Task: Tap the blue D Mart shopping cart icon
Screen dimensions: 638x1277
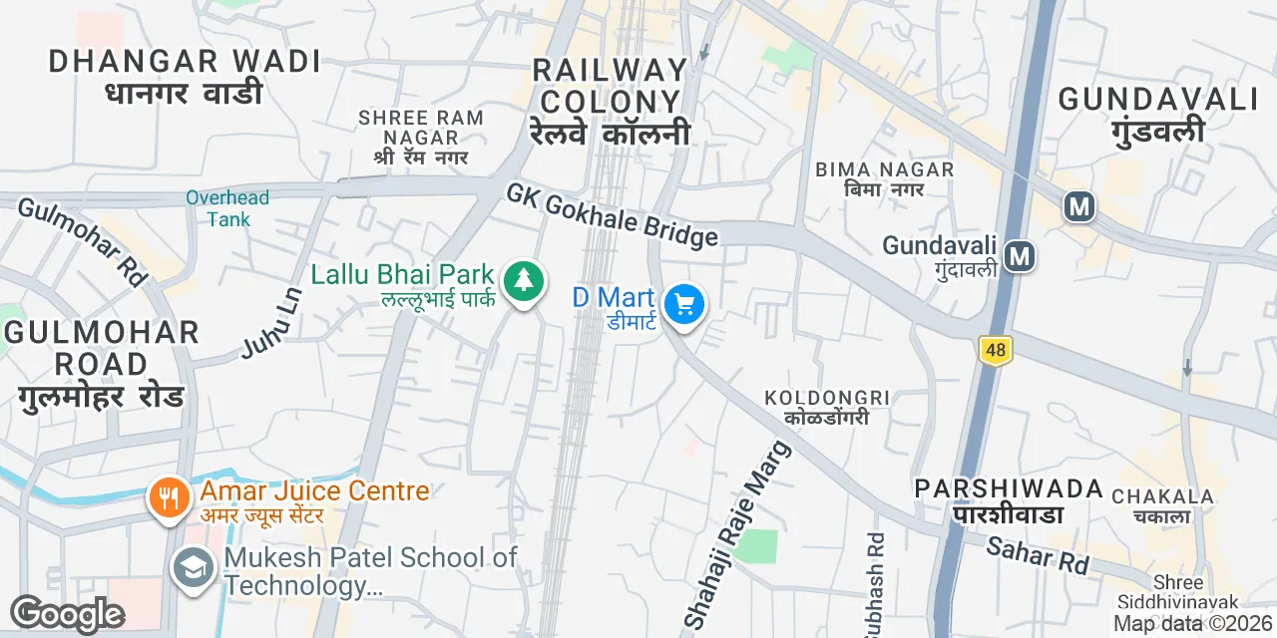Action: (x=684, y=304)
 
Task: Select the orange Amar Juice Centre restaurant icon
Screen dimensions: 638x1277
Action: (x=170, y=496)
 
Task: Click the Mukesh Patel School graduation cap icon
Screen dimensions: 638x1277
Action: (x=192, y=568)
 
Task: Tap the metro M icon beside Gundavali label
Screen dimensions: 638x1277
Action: (x=1019, y=256)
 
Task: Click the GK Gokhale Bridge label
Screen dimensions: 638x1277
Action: (x=612, y=213)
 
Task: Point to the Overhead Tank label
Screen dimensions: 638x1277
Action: (x=227, y=207)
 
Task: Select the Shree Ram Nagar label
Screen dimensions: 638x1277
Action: (x=421, y=137)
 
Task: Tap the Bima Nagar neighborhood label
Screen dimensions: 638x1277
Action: (x=885, y=178)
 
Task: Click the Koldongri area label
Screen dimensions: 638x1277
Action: (x=826, y=407)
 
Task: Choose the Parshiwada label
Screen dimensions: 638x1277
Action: (x=1010, y=500)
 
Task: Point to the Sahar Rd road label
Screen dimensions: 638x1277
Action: (x=1038, y=554)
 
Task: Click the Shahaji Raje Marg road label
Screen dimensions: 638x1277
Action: (x=737, y=535)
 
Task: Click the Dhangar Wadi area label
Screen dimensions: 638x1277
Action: (x=185, y=76)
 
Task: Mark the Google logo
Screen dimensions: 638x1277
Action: (x=67, y=614)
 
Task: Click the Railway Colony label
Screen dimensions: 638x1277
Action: (x=611, y=101)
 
